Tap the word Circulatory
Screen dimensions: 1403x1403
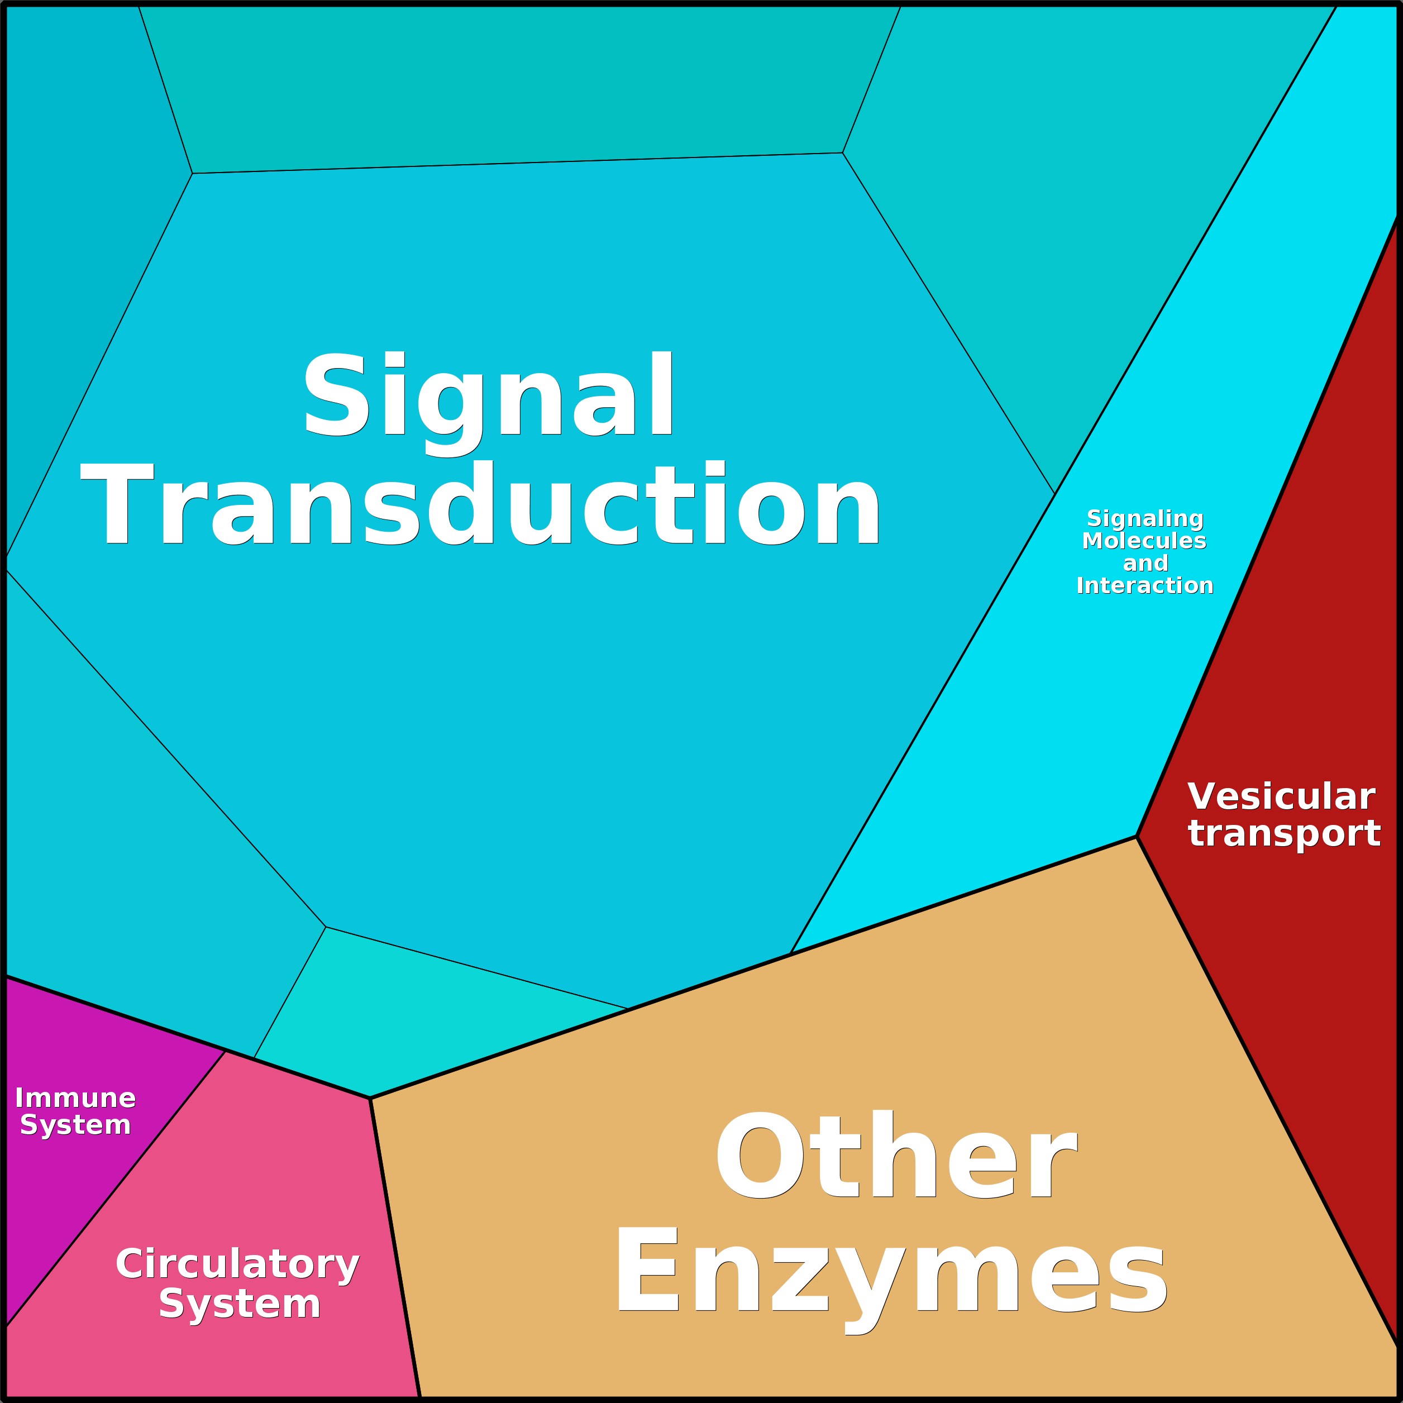click(x=237, y=1264)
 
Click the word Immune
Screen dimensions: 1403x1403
click(x=75, y=1098)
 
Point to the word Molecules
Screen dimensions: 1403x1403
click(x=1144, y=541)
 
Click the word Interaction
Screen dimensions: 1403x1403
click(x=1144, y=586)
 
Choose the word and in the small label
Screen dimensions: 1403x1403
click(x=1145, y=564)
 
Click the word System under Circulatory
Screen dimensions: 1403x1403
click(x=240, y=1304)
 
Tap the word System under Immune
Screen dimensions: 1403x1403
click(x=75, y=1125)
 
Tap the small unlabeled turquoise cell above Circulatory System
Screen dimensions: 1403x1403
click(x=407, y=1017)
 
